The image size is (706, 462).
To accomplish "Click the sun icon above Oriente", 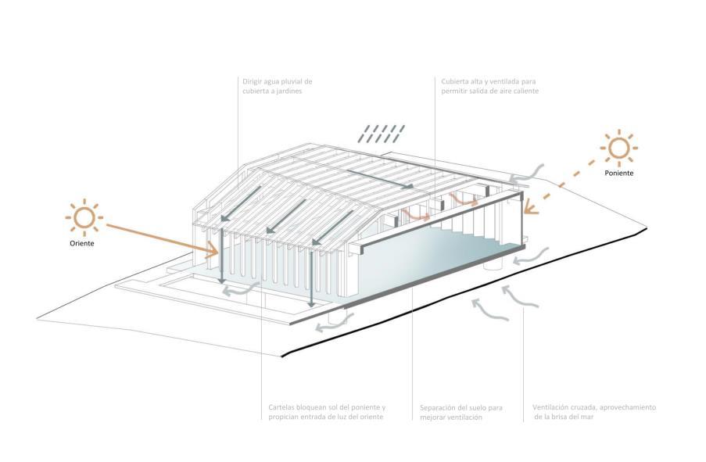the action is [x=84, y=218].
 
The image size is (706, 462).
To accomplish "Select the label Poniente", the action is [x=618, y=174].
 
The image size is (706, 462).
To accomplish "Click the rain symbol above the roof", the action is [x=382, y=134].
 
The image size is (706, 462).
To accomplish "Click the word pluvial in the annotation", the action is [x=289, y=81].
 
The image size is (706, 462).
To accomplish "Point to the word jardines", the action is [x=287, y=91].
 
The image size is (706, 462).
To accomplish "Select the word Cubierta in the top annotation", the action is [x=455, y=81].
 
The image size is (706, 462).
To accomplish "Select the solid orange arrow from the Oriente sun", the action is [x=160, y=239].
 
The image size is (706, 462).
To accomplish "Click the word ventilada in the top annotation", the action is [x=504, y=81].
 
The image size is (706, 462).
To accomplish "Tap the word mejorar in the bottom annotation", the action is [x=434, y=417].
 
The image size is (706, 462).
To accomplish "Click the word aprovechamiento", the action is [x=630, y=408].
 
